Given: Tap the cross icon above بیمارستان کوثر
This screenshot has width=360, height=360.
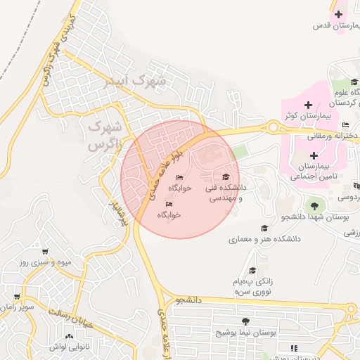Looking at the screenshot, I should (308, 105).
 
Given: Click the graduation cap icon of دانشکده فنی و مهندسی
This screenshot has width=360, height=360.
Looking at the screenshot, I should (226, 177).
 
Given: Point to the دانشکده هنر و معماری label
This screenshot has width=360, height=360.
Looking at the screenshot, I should (264, 240).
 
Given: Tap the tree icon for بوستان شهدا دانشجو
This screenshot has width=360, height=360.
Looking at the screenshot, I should (314, 206).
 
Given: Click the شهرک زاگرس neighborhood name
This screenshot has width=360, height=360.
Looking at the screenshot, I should (104, 136).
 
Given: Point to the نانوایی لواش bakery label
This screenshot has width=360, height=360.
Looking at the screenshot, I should (68, 347).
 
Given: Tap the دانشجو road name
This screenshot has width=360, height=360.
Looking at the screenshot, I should (189, 300).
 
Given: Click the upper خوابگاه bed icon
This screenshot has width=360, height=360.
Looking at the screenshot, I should (179, 177).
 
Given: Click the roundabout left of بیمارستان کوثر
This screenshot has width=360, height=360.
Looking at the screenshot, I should (272, 127).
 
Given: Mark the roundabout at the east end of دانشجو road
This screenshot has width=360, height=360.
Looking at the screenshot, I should (351, 309).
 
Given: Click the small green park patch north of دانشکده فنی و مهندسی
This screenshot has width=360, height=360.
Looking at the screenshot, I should (240, 151).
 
